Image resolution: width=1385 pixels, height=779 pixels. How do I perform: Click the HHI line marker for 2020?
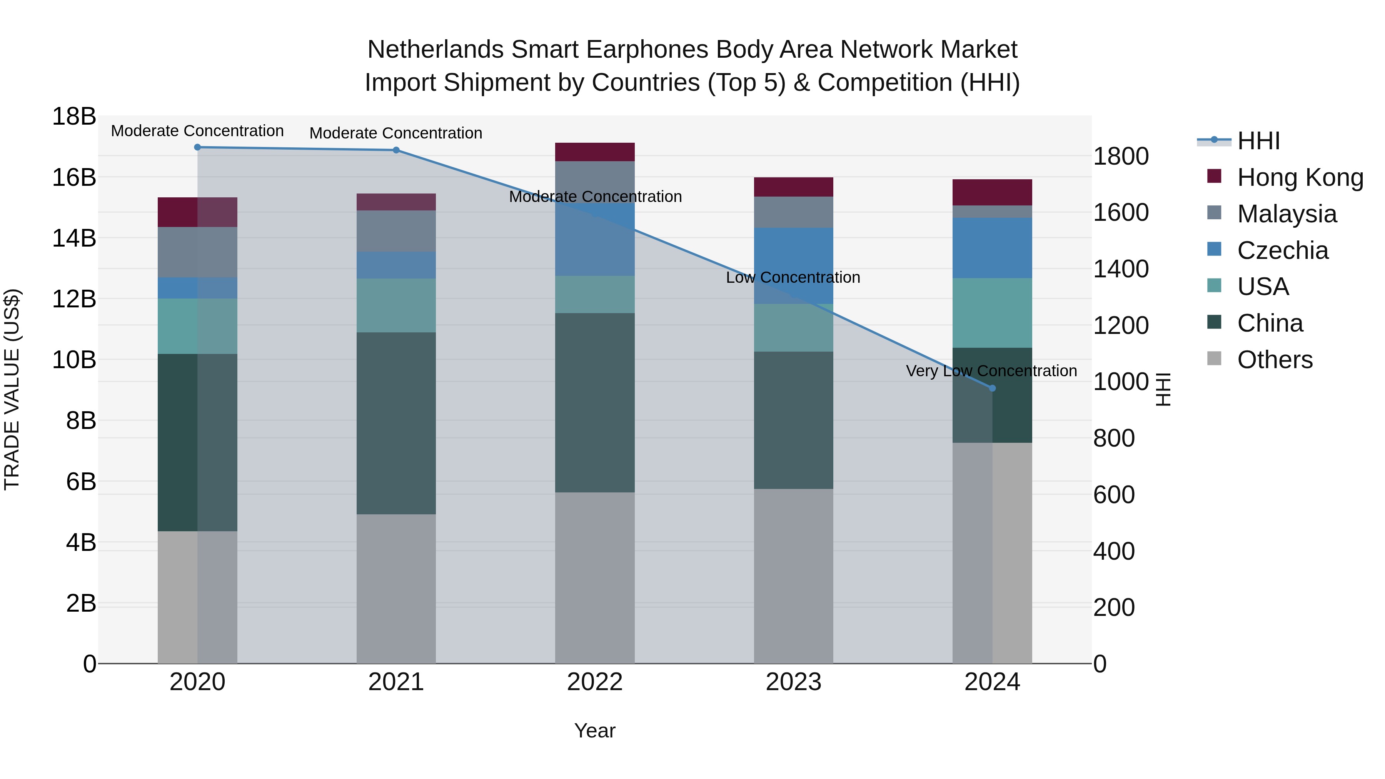click(197, 147)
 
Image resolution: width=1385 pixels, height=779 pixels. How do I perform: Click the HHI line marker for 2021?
click(396, 150)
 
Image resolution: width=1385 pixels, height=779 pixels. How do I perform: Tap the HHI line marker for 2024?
click(993, 388)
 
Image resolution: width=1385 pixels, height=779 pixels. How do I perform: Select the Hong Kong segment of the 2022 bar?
click(595, 152)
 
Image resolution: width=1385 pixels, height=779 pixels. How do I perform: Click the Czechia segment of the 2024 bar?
click(993, 248)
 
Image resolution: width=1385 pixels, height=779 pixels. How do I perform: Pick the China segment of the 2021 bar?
click(396, 423)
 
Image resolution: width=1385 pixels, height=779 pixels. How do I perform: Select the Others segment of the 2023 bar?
click(794, 576)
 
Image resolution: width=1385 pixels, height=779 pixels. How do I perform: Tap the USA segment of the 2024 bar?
click(993, 313)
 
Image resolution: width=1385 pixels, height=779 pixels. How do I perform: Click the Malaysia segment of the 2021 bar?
click(396, 231)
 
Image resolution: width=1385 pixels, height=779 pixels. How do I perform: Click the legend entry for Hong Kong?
click(1300, 177)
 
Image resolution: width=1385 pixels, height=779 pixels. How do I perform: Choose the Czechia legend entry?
click(1282, 250)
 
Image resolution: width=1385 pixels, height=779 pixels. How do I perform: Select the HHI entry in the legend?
click(1258, 141)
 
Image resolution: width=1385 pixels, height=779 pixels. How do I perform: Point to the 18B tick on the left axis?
click(73, 117)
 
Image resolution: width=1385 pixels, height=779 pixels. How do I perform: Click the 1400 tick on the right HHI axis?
click(1121, 269)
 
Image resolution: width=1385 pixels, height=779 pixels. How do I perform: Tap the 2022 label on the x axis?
click(595, 682)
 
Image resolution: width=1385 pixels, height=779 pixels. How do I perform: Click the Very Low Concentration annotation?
click(991, 371)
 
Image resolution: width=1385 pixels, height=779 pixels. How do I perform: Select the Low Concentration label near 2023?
click(793, 277)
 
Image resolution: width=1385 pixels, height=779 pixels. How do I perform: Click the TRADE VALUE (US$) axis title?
click(12, 389)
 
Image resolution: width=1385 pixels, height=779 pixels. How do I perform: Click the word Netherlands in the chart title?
click(436, 50)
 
